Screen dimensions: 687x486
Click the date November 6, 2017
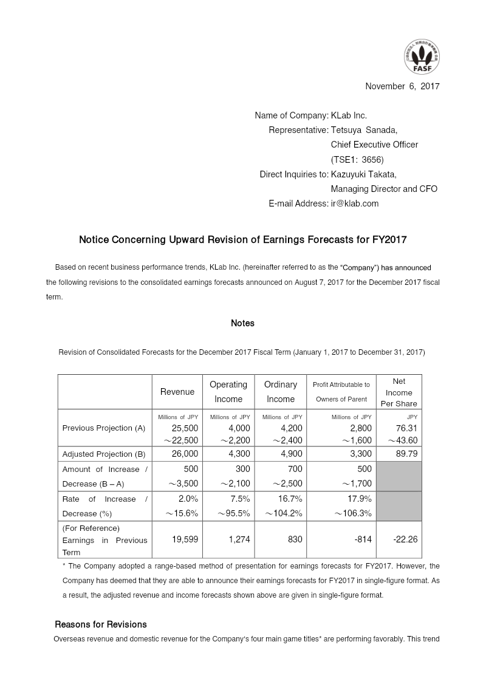pyautogui.click(x=402, y=86)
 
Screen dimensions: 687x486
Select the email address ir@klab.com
pyautogui.click(x=354, y=203)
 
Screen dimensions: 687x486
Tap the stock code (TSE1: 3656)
pyautogui.click(x=357, y=160)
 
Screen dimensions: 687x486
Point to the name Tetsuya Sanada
pyautogui.click(x=363, y=130)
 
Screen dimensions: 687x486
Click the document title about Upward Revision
pyautogui.click(x=242, y=240)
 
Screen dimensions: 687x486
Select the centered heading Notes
pyautogui.click(x=242, y=323)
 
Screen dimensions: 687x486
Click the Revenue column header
pyautogui.click(x=177, y=392)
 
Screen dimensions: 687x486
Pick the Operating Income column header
pyautogui.click(x=228, y=392)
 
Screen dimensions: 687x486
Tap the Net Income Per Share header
pyautogui.click(x=399, y=392)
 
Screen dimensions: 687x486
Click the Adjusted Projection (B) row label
pyautogui.click(x=104, y=454)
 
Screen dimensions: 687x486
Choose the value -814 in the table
pyautogui.click(x=362, y=539)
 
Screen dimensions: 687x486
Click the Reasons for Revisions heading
pyautogui.click(x=101, y=624)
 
